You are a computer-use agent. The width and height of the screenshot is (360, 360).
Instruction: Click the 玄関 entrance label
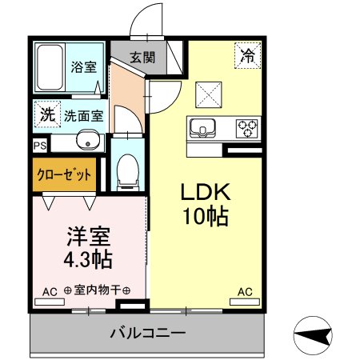coord(143,57)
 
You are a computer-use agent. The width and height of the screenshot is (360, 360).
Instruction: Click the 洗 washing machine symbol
coord(48,114)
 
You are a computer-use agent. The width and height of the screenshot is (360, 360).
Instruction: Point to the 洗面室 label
coord(84,115)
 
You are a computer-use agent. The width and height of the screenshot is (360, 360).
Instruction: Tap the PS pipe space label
coord(40,146)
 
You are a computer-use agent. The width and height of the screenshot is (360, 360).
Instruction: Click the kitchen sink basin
coord(201,126)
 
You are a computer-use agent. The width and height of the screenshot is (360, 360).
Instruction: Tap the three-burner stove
coord(247,126)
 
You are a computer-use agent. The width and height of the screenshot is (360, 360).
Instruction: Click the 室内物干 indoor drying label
coord(97,291)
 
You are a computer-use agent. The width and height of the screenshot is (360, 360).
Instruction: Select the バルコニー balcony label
coord(148,332)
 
